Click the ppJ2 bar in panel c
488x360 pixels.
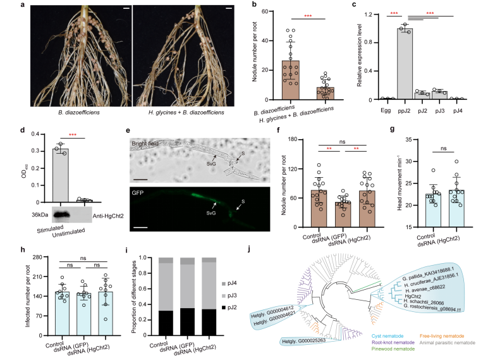pyautogui.click(x=405, y=64)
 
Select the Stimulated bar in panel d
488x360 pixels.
pyautogui.click(x=61, y=175)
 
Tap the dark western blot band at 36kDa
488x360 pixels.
pyautogui.click(x=61, y=214)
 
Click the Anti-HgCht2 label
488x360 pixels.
pyautogui.click(x=108, y=216)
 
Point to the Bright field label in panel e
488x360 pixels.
pyautogui.click(x=145, y=144)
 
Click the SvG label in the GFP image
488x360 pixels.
pyautogui.click(x=210, y=213)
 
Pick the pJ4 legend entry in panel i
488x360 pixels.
pyautogui.click(x=229, y=283)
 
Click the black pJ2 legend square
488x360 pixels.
pyautogui.click(x=224, y=307)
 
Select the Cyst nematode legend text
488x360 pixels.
pyautogui.click(x=387, y=336)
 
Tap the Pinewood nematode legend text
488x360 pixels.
pyautogui.click(x=393, y=349)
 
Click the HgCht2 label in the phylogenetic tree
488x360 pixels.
pyautogui.click(x=413, y=296)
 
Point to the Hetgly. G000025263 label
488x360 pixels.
pyautogui.click(x=303, y=341)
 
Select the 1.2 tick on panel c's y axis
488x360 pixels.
pyautogui.click(x=368, y=15)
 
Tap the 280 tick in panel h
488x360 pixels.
pyautogui.click(x=37, y=257)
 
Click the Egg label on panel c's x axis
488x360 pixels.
pyautogui.click(x=386, y=110)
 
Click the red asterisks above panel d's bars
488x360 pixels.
pyautogui.click(x=73, y=135)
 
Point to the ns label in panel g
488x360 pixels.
pyautogui.click(x=444, y=149)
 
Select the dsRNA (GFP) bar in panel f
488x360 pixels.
pyautogui.click(x=343, y=214)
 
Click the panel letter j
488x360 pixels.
pyautogui.click(x=249, y=249)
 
